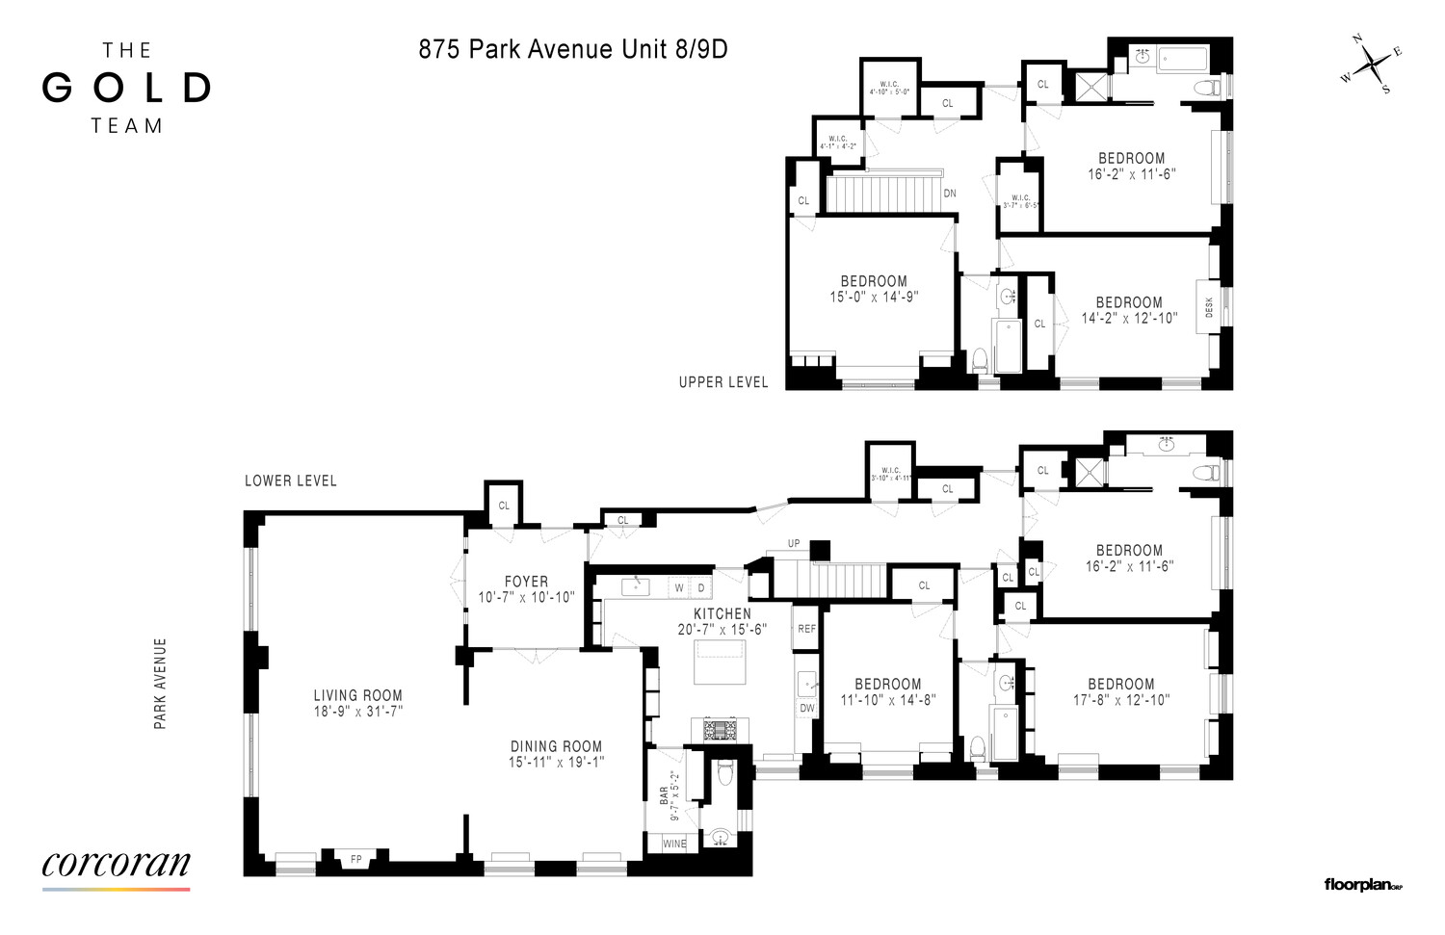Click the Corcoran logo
[x=116, y=865]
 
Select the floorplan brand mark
[x=1362, y=885]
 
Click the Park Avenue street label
[x=160, y=683]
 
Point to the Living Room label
[x=357, y=695]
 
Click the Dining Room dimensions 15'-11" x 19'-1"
[x=556, y=763]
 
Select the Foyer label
[x=526, y=582]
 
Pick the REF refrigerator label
[x=806, y=629]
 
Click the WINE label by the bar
[x=674, y=844]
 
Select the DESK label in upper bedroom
[x=1209, y=307]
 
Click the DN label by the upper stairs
[x=950, y=194]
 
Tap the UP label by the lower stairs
[x=794, y=544]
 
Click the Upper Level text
[x=723, y=382]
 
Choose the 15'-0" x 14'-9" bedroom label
[x=874, y=290]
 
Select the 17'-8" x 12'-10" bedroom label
[x=1121, y=692]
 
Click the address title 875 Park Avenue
[x=572, y=49]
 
